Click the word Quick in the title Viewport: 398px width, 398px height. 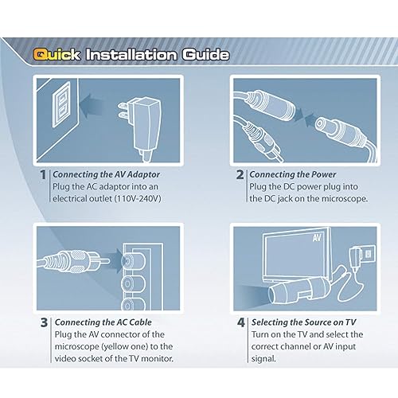[56, 55]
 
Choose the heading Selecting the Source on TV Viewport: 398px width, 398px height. [305, 322]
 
